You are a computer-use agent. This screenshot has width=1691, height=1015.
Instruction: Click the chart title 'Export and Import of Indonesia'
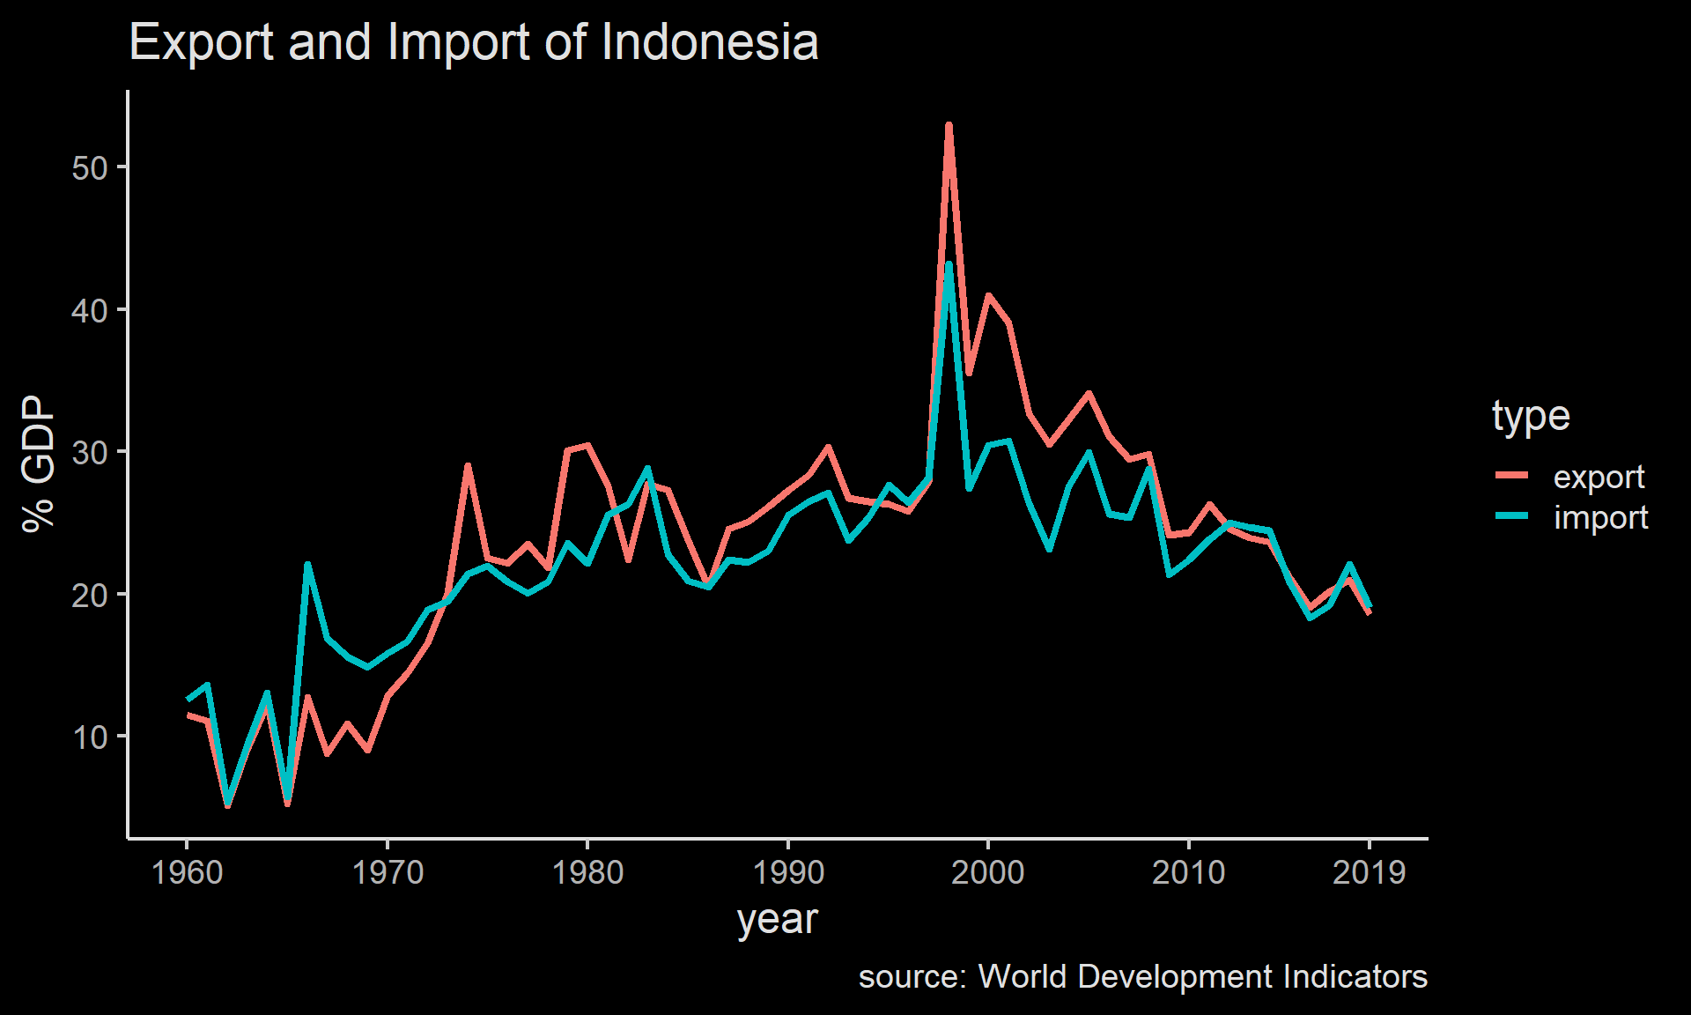point(474,42)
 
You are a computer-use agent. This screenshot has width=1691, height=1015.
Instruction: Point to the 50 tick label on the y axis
point(90,168)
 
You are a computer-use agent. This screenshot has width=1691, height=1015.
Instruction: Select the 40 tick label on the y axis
point(90,311)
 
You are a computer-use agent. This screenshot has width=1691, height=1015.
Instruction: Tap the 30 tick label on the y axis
point(90,453)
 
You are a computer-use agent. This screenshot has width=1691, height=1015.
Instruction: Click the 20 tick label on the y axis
point(90,596)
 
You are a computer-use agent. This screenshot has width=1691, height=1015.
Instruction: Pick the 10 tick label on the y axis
point(90,737)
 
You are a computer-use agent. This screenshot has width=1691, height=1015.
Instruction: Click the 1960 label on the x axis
point(188,873)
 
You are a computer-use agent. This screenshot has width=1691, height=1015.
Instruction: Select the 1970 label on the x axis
point(388,873)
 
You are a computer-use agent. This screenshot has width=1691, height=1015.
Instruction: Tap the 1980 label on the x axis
point(587,873)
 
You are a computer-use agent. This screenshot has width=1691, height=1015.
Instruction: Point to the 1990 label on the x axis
point(788,873)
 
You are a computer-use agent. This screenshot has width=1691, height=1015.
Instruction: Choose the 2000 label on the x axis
point(988,873)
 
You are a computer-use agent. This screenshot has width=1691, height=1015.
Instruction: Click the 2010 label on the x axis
point(1188,873)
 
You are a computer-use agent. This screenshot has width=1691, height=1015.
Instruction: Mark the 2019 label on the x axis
point(1369,873)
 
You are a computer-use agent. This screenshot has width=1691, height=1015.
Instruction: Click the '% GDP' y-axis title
point(39,463)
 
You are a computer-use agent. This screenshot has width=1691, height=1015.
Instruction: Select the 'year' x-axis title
point(777,920)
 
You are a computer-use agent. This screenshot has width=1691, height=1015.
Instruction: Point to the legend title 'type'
point(1531,416)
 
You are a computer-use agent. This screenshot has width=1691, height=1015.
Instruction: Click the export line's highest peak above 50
point(949,126)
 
